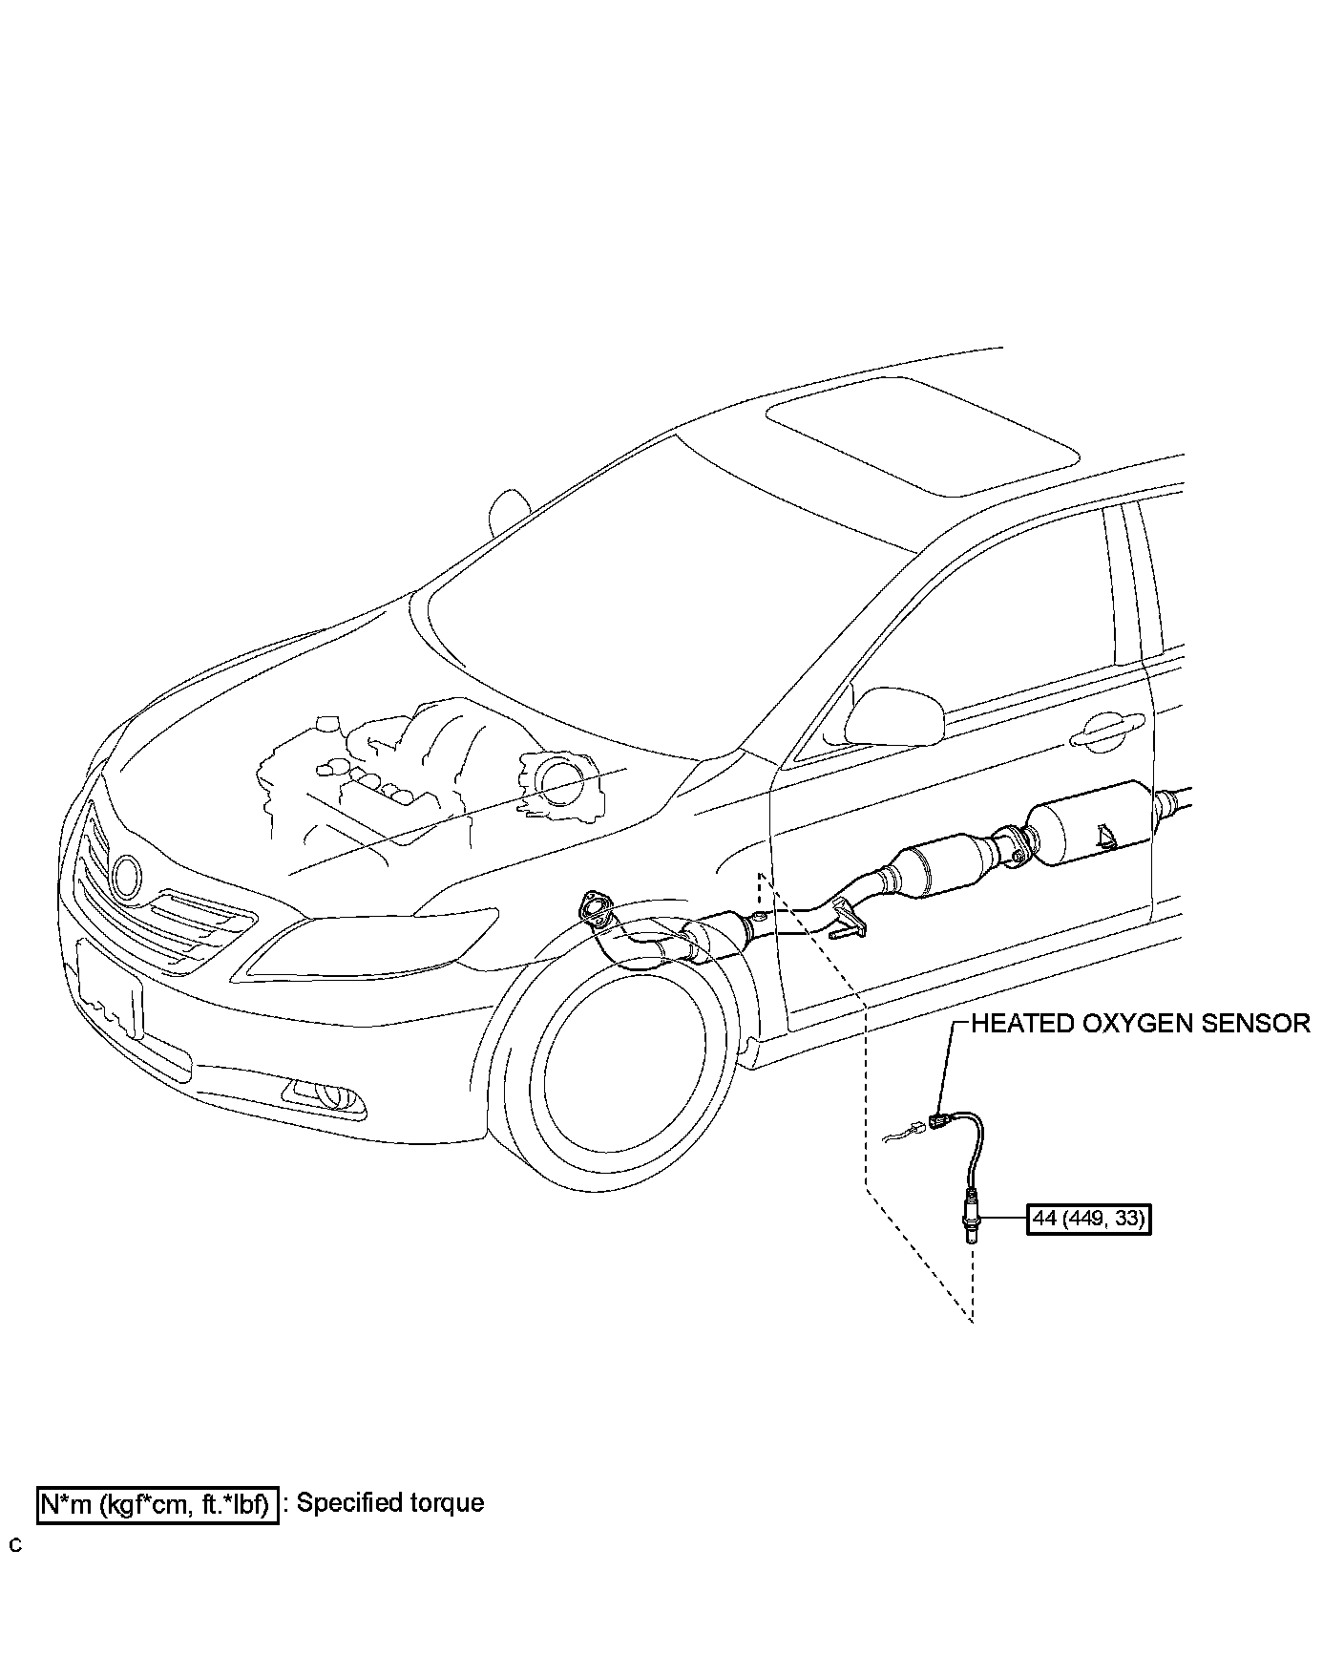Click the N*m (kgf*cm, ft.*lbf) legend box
coord(158,1505)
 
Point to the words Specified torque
coord(390,1502)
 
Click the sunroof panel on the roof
coord(921,435)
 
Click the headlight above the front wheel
coord(372,945)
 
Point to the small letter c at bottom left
coord(15,1544)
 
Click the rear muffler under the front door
coord(1088,822)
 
